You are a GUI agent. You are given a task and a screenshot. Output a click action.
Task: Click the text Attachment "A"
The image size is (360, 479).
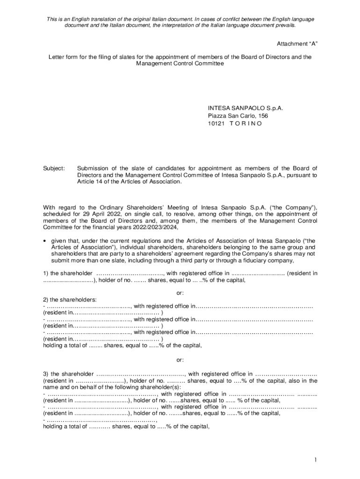tap(298, 44)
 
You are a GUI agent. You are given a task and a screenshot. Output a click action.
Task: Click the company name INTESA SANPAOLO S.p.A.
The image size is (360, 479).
tap(245, 108)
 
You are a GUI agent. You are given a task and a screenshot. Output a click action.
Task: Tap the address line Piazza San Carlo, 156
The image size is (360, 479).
tap(238, 116)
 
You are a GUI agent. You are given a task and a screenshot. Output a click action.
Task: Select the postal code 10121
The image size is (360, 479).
tap(216, 123)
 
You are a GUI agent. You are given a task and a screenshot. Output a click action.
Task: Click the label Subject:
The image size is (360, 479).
tap(54, 168)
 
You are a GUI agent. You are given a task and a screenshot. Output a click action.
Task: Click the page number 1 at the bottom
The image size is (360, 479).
tap(316, 460)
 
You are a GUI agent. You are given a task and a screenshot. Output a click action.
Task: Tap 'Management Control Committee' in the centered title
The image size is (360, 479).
tap(180, 63)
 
